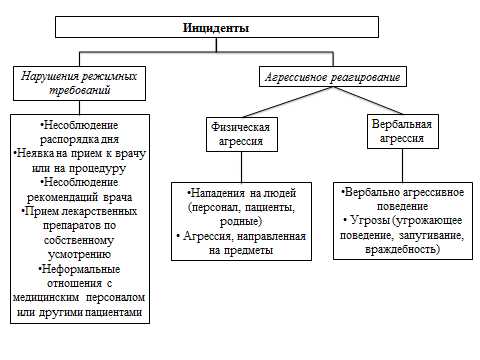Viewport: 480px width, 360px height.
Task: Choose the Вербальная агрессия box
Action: coord(399,131)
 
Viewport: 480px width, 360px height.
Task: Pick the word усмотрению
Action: coord(79,255)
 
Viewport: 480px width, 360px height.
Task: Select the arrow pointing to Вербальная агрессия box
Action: coord(398,110)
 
